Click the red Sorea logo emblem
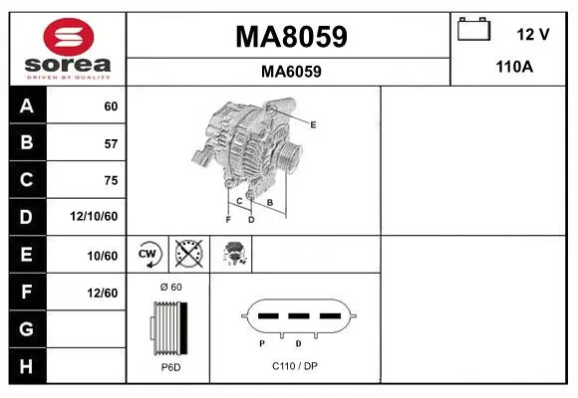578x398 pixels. (69, 37)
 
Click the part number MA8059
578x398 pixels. (291, 37)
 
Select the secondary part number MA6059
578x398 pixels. (291, 72)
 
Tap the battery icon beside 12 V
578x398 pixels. (474, 29)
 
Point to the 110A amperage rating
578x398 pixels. (514, 67)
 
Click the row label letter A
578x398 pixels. (27, 106)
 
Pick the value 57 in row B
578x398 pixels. (111, 143)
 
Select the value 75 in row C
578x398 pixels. (111, 180)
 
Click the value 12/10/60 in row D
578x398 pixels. (94, 216)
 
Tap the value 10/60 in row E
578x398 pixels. (103, 256)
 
